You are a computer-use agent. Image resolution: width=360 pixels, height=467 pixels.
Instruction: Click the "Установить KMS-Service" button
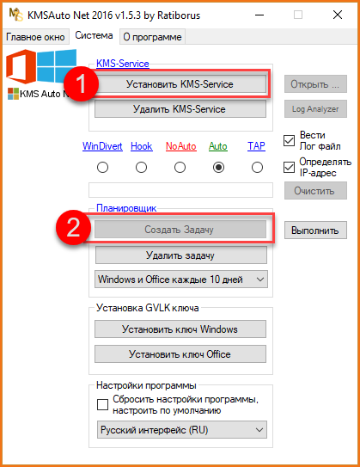click(x=180, y=84)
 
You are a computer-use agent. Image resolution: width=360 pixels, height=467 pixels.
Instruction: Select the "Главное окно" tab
click(x=35, y=37)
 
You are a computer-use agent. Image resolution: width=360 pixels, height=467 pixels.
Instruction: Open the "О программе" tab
click(x=152, y=37)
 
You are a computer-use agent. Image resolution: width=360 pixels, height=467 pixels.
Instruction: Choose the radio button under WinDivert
click(x=102, y=168)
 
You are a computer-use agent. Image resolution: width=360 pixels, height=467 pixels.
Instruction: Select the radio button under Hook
click(x=141, y=168)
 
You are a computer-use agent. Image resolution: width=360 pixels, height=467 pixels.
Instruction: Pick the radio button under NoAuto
click(x=180, y=168)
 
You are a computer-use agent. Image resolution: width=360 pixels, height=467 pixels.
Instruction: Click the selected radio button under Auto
click(x=219, y=168)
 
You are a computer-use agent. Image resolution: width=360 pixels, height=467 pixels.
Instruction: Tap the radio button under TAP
click(x=257, y=168)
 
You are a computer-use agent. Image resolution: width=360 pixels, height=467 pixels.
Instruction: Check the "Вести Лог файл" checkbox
click(x=289, y=140)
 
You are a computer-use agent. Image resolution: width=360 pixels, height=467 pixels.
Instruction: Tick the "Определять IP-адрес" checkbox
click(x=289, y=168)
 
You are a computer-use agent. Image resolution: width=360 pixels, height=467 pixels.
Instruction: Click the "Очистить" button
click(x=315, y=191)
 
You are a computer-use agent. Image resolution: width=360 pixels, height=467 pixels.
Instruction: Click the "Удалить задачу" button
click(x=181, y=255)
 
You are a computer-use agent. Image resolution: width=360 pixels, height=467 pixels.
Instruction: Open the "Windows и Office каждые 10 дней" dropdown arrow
click(x=260, y=280)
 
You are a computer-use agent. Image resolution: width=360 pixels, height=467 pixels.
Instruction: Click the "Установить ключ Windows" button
click(x=180, y=329)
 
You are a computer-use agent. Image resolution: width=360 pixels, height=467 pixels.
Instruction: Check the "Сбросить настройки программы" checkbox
click(x=102, y=404)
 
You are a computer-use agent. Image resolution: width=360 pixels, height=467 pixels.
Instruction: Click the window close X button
click(x=338, y=15)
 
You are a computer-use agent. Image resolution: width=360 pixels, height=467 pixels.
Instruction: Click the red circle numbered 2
click(x=73, y=228)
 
